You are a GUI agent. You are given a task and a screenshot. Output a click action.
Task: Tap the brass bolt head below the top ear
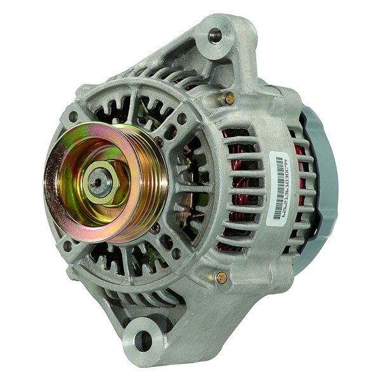[229, 98]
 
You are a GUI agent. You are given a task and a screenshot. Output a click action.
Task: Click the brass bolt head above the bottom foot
[221, 277]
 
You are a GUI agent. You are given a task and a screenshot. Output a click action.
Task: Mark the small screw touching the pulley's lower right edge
[155, 227]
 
